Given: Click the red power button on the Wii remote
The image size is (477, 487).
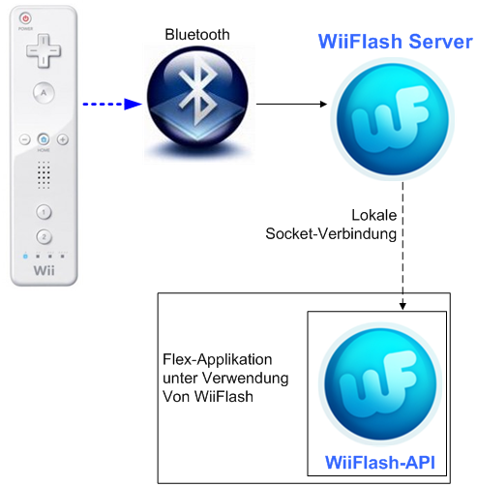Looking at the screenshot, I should [x=25, y=18].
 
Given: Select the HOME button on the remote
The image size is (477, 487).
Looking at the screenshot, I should [x=44, y=139].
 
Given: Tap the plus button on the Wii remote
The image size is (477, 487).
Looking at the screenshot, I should [x=63, y=139].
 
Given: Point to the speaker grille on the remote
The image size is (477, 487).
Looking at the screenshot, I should [x=44, y=175].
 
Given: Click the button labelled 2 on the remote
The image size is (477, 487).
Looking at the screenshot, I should [x=44, y=235].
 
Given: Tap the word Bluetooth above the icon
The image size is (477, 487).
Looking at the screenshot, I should [x=198, y=35].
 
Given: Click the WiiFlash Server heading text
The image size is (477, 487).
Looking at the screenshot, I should [x=397, y=43].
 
